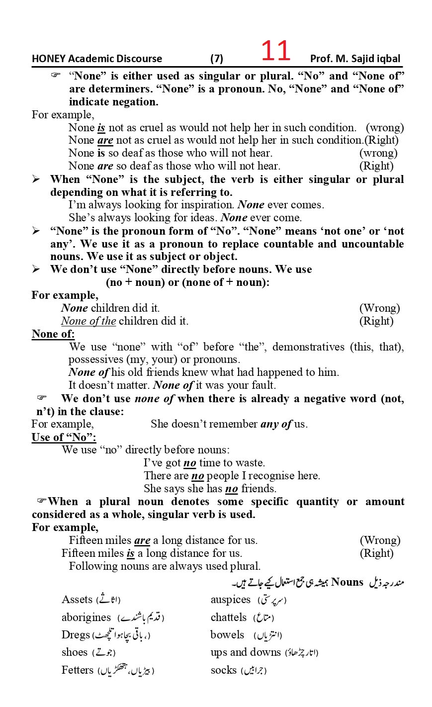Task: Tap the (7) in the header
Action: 217,59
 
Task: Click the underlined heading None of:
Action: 53,334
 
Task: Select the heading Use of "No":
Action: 64,437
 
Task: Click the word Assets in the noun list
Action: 77,600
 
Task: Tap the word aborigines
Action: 86,618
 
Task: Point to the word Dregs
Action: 76,635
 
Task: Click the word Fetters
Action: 78,670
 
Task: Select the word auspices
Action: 231,600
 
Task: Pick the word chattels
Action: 229,618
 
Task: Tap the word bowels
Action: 227,635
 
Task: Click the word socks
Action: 224,670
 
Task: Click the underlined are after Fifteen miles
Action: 142,540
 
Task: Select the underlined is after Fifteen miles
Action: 131,553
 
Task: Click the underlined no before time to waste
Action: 190,463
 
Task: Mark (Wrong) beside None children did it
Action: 379,308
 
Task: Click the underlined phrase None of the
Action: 88,321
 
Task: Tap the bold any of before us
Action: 276,424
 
